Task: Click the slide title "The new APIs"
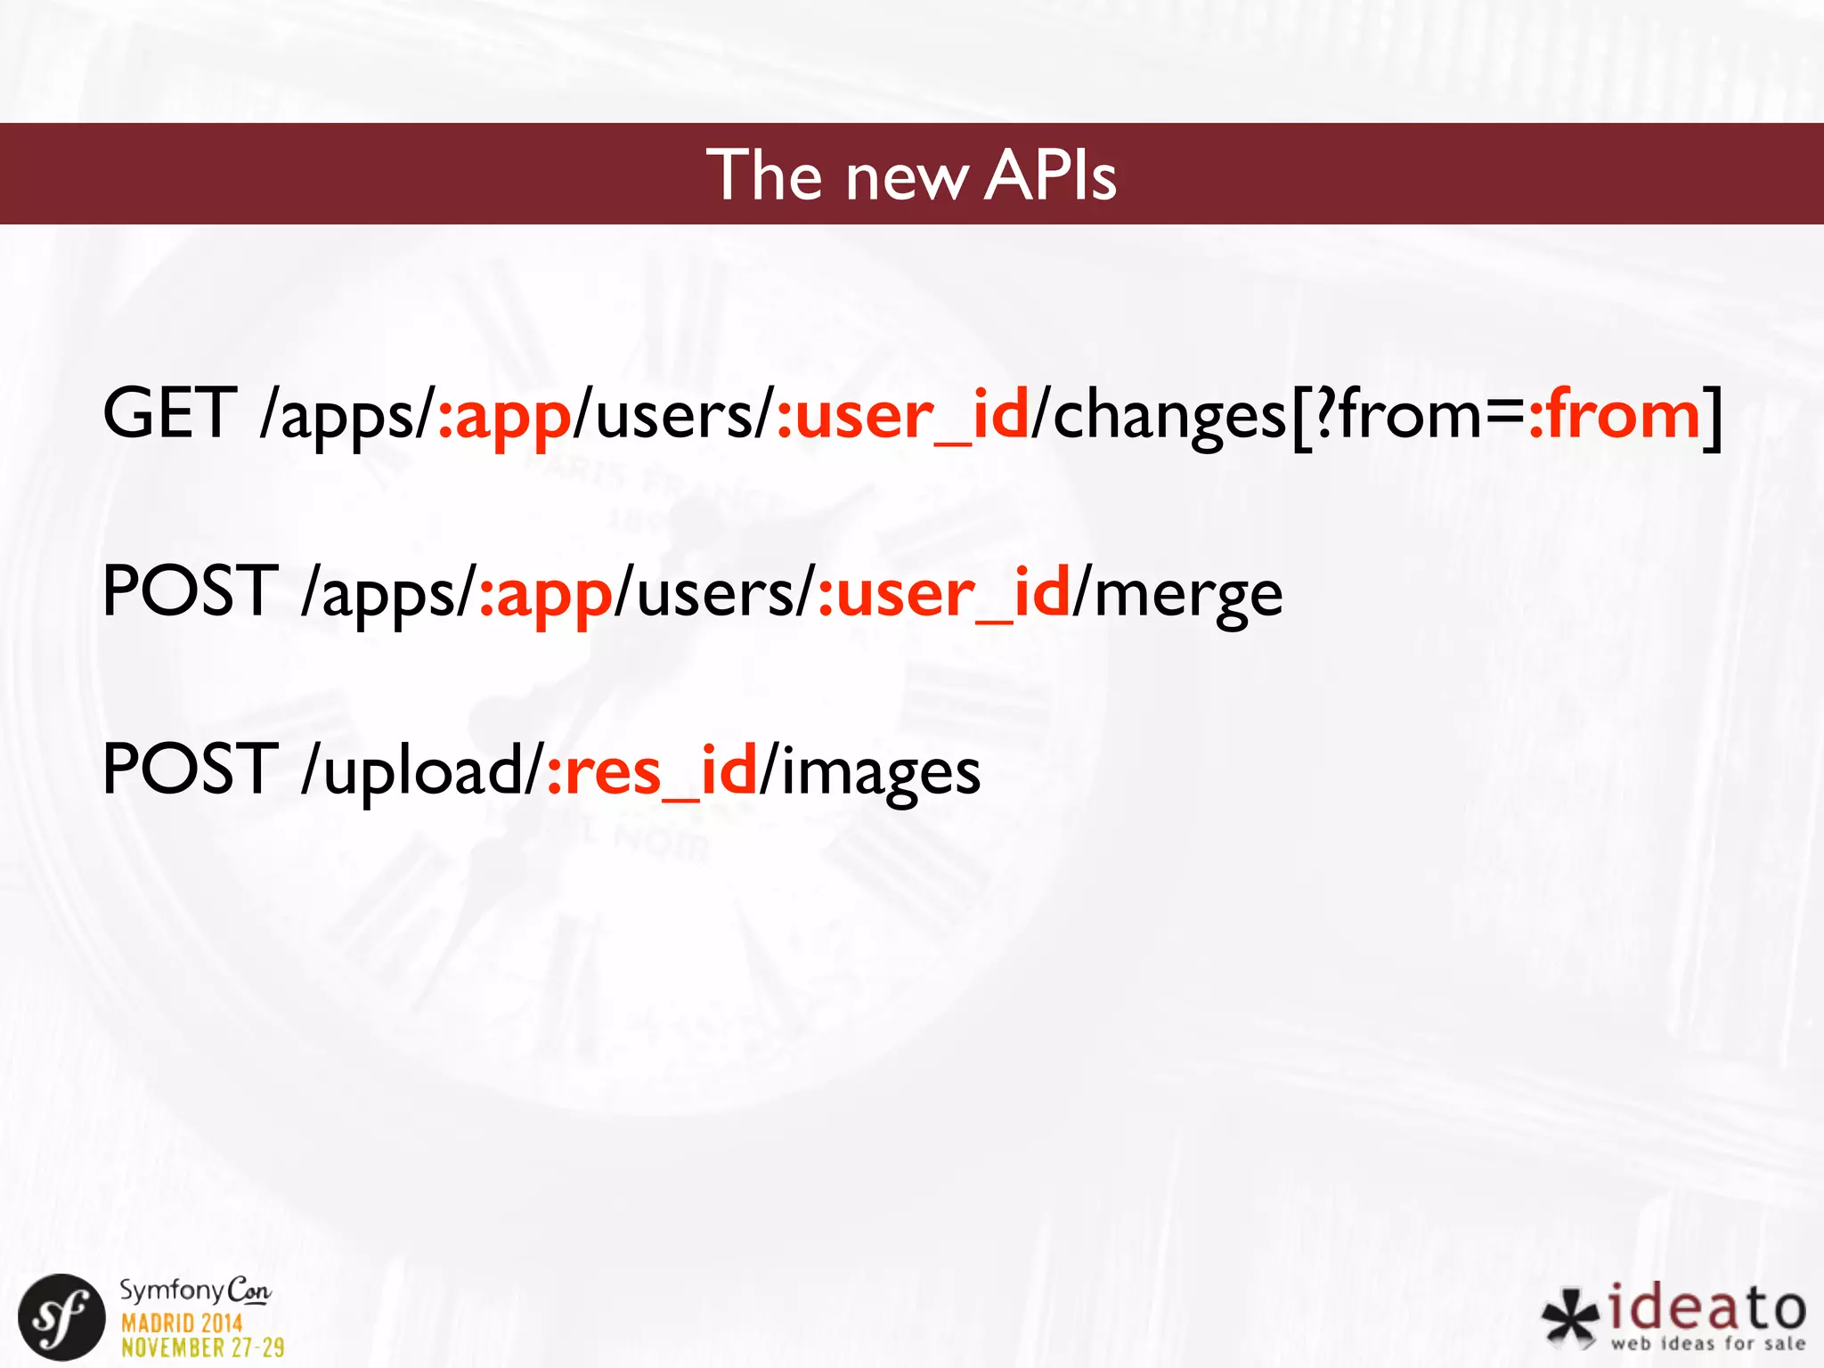911,175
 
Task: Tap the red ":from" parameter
1614,415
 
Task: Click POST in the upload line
190,769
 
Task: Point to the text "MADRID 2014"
182,1323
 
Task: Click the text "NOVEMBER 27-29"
203,1348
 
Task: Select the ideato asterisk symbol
1571,1317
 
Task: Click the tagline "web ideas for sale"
1707,1344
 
